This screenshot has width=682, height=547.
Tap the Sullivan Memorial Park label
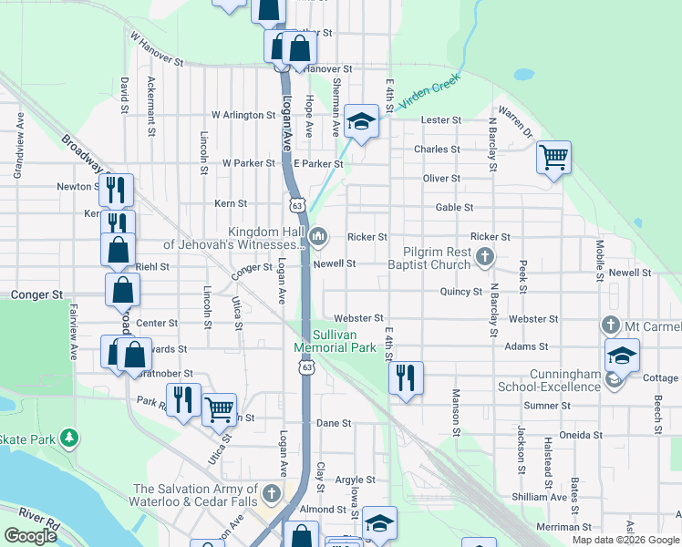pos(336,341)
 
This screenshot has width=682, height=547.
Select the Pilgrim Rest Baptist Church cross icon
pos(485,258)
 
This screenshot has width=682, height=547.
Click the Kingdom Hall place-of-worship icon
pos(317,238)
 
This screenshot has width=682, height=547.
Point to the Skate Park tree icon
pos(69,439)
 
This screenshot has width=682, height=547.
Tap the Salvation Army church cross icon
pos(271,495)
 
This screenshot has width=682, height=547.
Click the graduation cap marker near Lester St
pos(361,121)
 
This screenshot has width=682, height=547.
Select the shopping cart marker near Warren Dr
pos(553,158)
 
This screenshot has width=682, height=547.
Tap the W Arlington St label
pos(243,116)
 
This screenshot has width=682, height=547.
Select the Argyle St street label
pos(355,480)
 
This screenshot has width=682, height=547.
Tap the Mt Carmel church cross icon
pos(610,325)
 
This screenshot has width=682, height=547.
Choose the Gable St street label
pos(454,208)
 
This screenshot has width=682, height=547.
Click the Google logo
pos(30,536)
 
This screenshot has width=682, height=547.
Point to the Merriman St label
pos(564,527)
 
